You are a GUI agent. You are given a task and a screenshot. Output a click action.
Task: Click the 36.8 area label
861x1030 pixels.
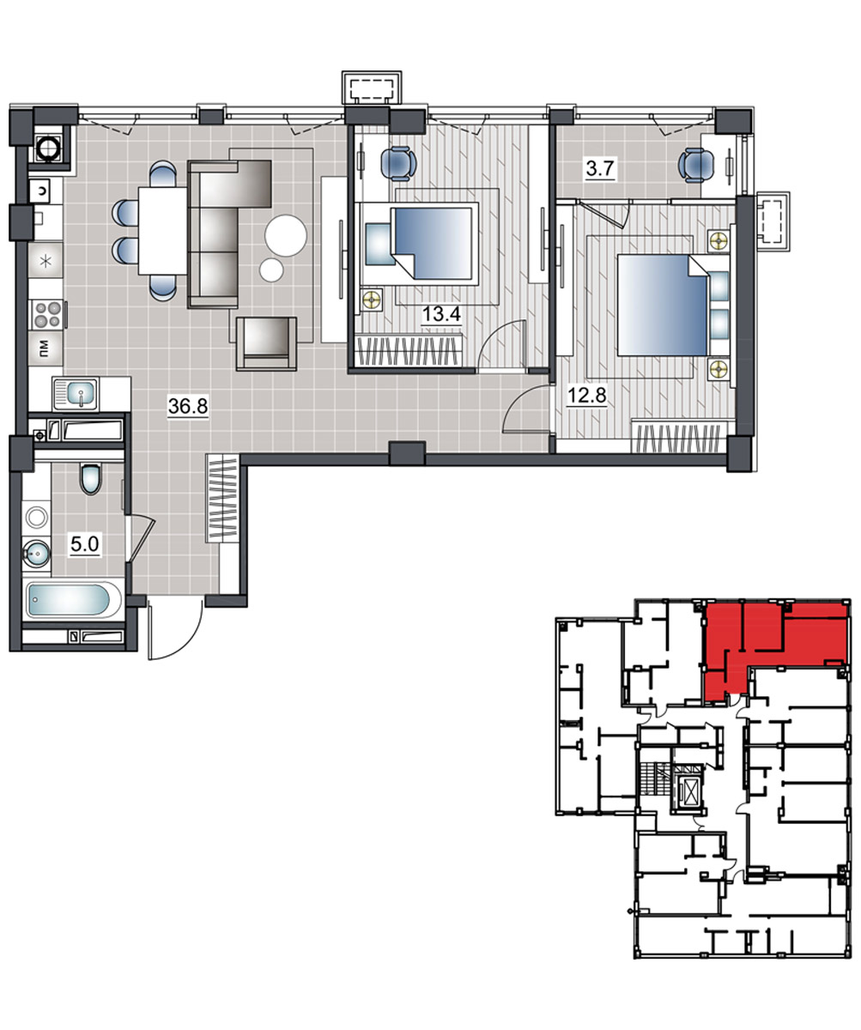point(188,406)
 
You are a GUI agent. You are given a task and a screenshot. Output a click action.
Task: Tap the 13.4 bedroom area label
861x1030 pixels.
point(441,313)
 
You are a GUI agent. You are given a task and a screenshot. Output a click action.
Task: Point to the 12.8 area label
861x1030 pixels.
point(586,395)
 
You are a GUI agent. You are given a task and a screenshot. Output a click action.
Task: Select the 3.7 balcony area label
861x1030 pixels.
point(600,169)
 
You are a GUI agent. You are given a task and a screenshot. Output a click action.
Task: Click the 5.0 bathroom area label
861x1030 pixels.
point(85,544)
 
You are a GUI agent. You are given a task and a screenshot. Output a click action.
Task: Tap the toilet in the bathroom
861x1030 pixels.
point(91,478)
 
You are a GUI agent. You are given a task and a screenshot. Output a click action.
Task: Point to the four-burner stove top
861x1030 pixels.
point(47,315)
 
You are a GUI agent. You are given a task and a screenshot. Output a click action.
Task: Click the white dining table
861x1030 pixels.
point(163,230)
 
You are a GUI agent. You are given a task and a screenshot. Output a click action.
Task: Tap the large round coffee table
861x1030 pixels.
point(286,235)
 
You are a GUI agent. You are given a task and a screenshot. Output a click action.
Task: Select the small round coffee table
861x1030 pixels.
point(271,270)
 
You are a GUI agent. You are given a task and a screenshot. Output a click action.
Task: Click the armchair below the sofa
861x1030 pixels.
point(266,343)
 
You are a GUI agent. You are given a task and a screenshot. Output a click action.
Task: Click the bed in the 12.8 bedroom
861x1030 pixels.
point(674,305)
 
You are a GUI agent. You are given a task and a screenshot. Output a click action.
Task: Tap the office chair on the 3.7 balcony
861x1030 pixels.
point(695,166)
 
